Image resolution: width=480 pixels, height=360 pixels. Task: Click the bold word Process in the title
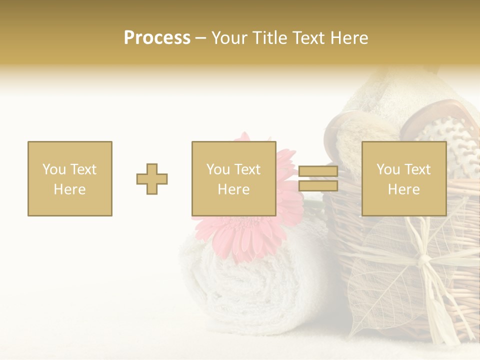tap(157, 38)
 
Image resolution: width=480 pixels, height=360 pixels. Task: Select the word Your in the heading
tap(228, 38)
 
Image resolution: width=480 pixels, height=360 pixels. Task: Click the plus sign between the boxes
tap(152, 179)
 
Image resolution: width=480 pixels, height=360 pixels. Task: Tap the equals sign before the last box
tap(318, 178)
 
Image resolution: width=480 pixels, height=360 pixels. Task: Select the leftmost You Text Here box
tap(69, 178)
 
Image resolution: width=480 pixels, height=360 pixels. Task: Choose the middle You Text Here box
tap(233, 178)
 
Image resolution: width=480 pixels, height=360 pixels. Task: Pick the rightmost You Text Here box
tap(403, 178)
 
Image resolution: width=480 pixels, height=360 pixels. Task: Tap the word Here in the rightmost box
tap(403, 189)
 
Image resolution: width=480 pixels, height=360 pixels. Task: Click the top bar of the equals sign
tap(318, 171)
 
